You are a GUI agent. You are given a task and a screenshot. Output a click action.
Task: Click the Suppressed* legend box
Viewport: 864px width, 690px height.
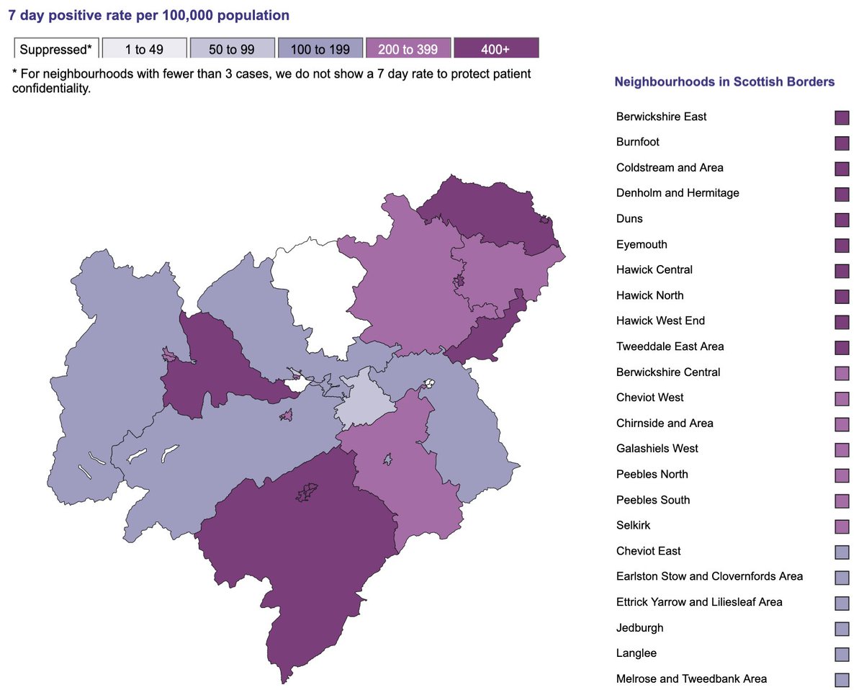point(56,49)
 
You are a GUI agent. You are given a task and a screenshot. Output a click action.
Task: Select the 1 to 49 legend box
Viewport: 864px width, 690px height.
point(144,49)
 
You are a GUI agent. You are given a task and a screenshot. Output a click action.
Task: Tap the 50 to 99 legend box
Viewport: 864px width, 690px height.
point(232,49)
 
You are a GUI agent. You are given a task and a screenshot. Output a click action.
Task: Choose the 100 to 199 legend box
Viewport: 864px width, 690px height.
point(320,49)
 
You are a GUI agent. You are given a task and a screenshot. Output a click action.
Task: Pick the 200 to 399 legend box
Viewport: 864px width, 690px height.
point(408,49)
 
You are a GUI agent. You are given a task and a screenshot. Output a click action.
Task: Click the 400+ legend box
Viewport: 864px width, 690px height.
point(495,49)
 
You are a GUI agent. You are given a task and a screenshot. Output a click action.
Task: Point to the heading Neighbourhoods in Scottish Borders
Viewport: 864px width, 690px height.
point(724,82)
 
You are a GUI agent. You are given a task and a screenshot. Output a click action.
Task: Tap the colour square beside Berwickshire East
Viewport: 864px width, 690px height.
point(842,117)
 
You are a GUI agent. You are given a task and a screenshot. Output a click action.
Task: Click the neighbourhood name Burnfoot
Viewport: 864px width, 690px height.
point(637,142)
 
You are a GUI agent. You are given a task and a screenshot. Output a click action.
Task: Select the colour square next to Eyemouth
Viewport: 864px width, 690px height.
point(842,245)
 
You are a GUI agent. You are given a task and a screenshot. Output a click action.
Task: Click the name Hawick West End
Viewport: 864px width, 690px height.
point(660,321)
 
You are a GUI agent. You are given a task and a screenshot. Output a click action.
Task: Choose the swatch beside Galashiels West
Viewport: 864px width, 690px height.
point(842,449)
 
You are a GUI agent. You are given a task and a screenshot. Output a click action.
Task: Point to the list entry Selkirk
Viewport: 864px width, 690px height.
point(633,525)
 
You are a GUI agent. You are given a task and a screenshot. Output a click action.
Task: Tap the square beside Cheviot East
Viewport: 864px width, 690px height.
point(842,552)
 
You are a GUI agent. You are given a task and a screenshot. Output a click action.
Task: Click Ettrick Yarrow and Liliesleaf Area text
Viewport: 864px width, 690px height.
point(698,602)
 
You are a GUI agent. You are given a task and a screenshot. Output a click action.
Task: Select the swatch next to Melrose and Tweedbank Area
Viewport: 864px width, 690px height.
point(842,679)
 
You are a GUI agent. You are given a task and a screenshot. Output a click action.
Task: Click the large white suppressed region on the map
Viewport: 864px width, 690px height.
point(317,288)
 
